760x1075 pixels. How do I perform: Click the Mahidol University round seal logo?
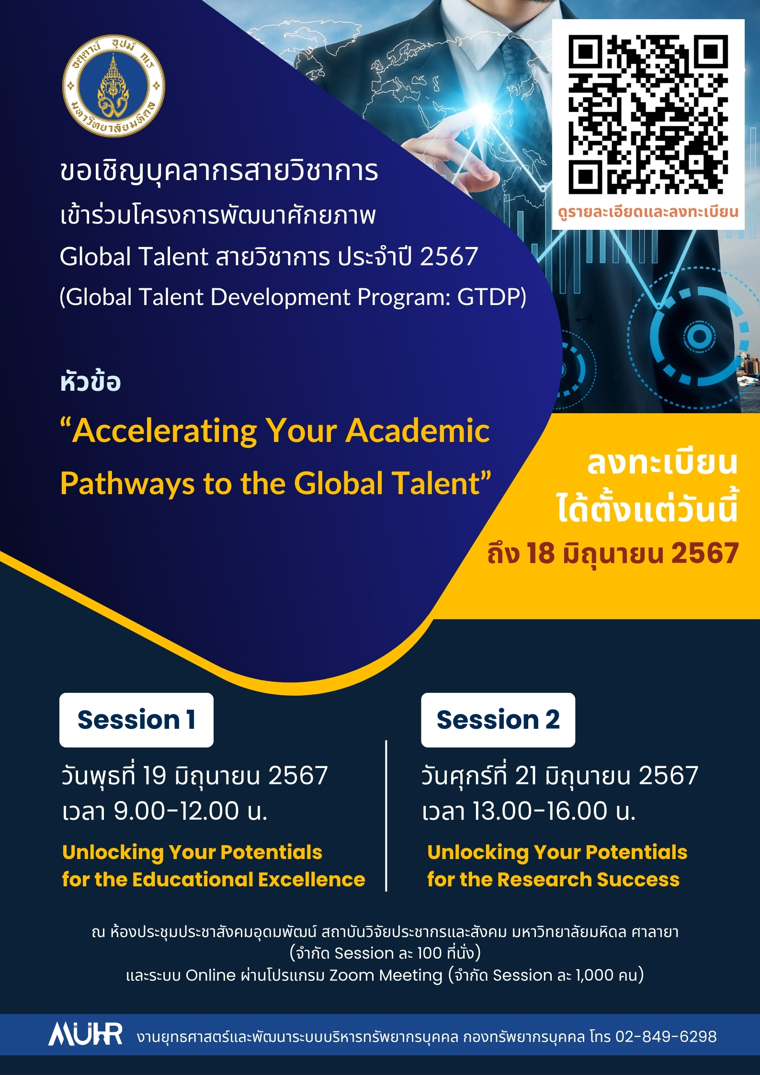113,86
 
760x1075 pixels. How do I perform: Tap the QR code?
648,114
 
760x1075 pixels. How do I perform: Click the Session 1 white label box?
136,720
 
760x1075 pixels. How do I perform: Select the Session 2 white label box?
498,720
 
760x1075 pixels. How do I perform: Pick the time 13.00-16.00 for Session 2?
540,811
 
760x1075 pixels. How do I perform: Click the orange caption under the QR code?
648,212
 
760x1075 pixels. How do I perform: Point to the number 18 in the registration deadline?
541,554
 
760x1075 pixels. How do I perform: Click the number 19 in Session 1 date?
154,775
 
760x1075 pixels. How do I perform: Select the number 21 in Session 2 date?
526,775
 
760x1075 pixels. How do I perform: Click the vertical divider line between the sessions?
386,816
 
